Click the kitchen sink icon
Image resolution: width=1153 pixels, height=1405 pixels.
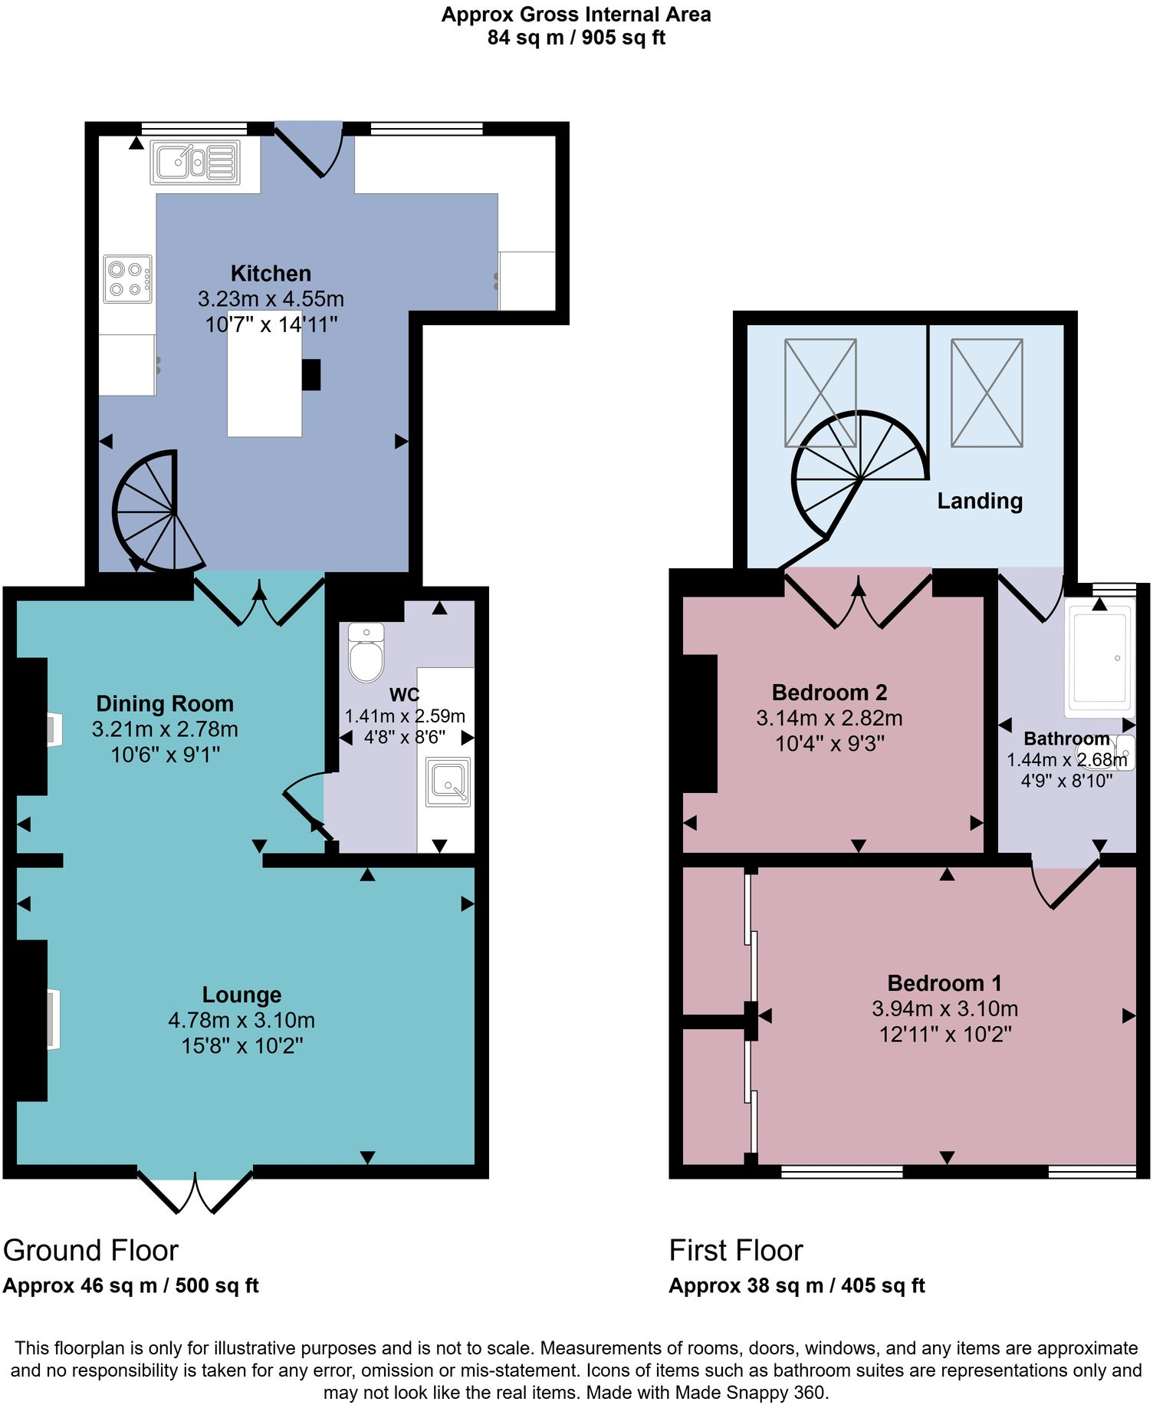tap(195, 162)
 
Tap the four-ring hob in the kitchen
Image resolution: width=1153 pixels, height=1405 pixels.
tap(127, 279)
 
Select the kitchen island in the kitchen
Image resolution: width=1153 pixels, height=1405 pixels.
tap(264, 387)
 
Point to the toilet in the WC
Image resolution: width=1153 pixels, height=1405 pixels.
tap(366, 653)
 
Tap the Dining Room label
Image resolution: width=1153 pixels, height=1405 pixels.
tap(165, 703)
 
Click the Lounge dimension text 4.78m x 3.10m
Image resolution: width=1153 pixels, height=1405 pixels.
tap(241, 1020)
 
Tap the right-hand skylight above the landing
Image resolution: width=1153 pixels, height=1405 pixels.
tap(987, 393)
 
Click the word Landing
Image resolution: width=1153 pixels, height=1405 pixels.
tap(980, 501)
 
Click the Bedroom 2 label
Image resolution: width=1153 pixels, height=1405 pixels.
tap(829, 693)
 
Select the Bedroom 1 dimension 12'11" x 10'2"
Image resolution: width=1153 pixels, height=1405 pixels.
tap(945, 1035)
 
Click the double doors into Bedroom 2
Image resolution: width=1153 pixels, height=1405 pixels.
tap(858, 602)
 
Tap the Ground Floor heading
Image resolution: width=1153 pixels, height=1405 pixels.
tap(90, 1251)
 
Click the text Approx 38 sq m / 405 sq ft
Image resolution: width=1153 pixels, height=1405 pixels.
tap(797, 1286)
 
